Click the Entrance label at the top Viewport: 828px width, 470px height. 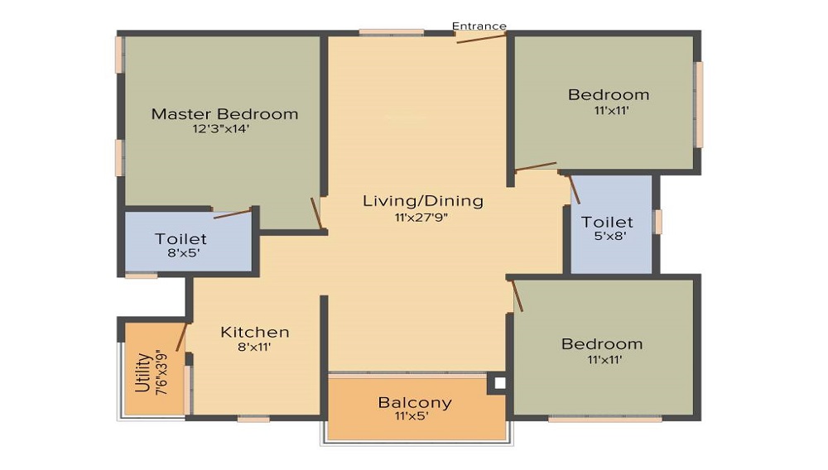point(479,26)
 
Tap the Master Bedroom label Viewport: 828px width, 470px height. point(224,114)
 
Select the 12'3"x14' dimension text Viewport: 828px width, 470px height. point(221,129)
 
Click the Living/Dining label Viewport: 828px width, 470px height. point(423,201)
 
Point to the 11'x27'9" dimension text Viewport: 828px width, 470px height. point(423,218)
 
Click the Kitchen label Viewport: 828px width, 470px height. point(255,332)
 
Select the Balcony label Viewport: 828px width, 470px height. point(415,403)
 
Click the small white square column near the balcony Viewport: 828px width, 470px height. point(498,383)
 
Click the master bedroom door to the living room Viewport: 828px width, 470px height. point(315,213)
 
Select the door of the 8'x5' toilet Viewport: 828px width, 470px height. point(232,213)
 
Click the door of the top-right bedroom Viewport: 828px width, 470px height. point(535,167)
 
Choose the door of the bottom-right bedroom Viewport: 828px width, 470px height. point(517,295)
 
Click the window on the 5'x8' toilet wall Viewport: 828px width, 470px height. point(658,222)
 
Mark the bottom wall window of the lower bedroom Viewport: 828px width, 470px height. point(604,420)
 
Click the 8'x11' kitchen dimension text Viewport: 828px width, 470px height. point(254,348)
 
